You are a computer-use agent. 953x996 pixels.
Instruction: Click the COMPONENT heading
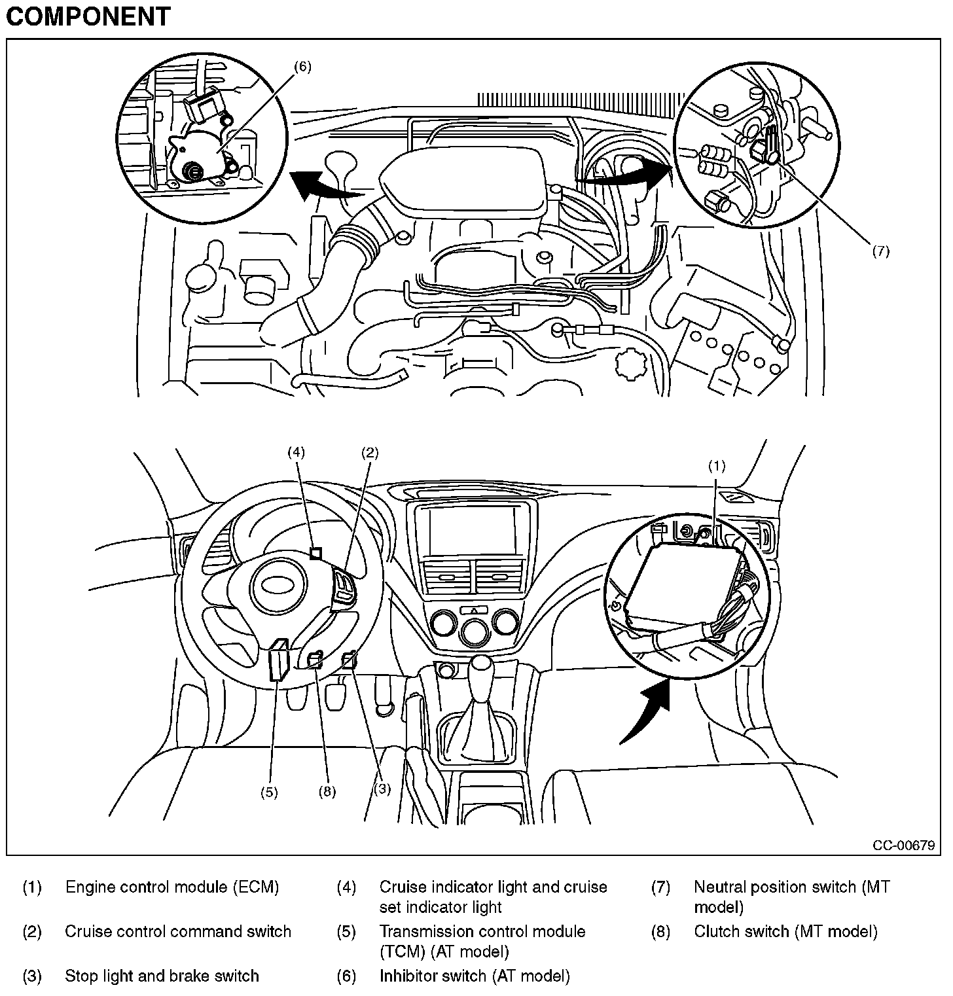point(88,16)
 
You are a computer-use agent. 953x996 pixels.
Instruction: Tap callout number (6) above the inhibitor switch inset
point(302,66)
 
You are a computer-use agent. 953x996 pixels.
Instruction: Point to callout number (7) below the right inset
point(880,251)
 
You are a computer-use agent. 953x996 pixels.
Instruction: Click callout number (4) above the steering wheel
point(297,452)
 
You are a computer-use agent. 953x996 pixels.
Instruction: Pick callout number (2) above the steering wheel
point(370,452)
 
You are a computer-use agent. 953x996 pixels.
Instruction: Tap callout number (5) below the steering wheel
point(269,792)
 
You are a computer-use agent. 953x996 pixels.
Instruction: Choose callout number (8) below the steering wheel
point(327,792)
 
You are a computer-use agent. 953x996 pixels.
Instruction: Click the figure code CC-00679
point(903,845)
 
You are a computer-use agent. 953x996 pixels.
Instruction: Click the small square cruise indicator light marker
point(316,554)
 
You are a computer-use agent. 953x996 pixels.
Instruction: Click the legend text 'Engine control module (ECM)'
point(172,887)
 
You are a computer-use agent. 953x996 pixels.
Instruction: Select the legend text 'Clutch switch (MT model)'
point(785,931)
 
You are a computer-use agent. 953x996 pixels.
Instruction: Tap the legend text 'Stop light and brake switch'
point(162,976)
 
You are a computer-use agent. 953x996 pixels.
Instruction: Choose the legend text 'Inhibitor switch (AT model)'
point(475,976)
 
